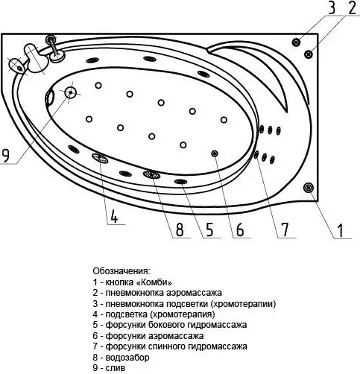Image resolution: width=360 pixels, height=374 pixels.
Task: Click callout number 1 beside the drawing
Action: pos(341,230)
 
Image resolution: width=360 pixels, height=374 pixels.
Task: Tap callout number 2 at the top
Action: pos(352,7)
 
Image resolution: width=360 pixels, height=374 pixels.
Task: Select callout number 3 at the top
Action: pos(332,7)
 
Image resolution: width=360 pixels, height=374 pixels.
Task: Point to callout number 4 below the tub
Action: pos(114,216)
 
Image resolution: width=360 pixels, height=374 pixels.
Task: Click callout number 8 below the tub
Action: pos(180,229)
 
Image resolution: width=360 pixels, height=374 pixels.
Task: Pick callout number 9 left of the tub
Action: pos(5,155)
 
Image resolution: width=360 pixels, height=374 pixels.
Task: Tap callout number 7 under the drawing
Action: pos(285,229)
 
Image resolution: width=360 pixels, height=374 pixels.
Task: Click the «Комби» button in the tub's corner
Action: pos(309,188)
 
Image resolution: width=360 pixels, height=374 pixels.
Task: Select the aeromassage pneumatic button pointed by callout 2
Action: pos(309,54)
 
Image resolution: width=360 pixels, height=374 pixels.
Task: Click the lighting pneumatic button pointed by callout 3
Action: pos(296,42)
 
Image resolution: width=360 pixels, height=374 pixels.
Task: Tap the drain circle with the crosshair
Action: pos(71,92)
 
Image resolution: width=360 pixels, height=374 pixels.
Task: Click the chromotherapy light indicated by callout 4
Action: pos(100,158)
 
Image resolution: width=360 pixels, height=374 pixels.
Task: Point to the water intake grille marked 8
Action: pos(151,174)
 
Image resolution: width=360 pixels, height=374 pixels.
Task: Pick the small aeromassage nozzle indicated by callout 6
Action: pos(215,153)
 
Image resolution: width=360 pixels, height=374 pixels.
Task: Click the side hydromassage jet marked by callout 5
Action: pos(180,182)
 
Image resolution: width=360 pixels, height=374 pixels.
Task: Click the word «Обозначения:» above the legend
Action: pos(121,270)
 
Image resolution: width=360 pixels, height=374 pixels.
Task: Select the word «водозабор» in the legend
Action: pos(127,358)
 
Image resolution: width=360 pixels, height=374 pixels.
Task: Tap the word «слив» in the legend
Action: pos(116,368)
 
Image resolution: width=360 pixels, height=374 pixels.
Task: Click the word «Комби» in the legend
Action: pos(154,282)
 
